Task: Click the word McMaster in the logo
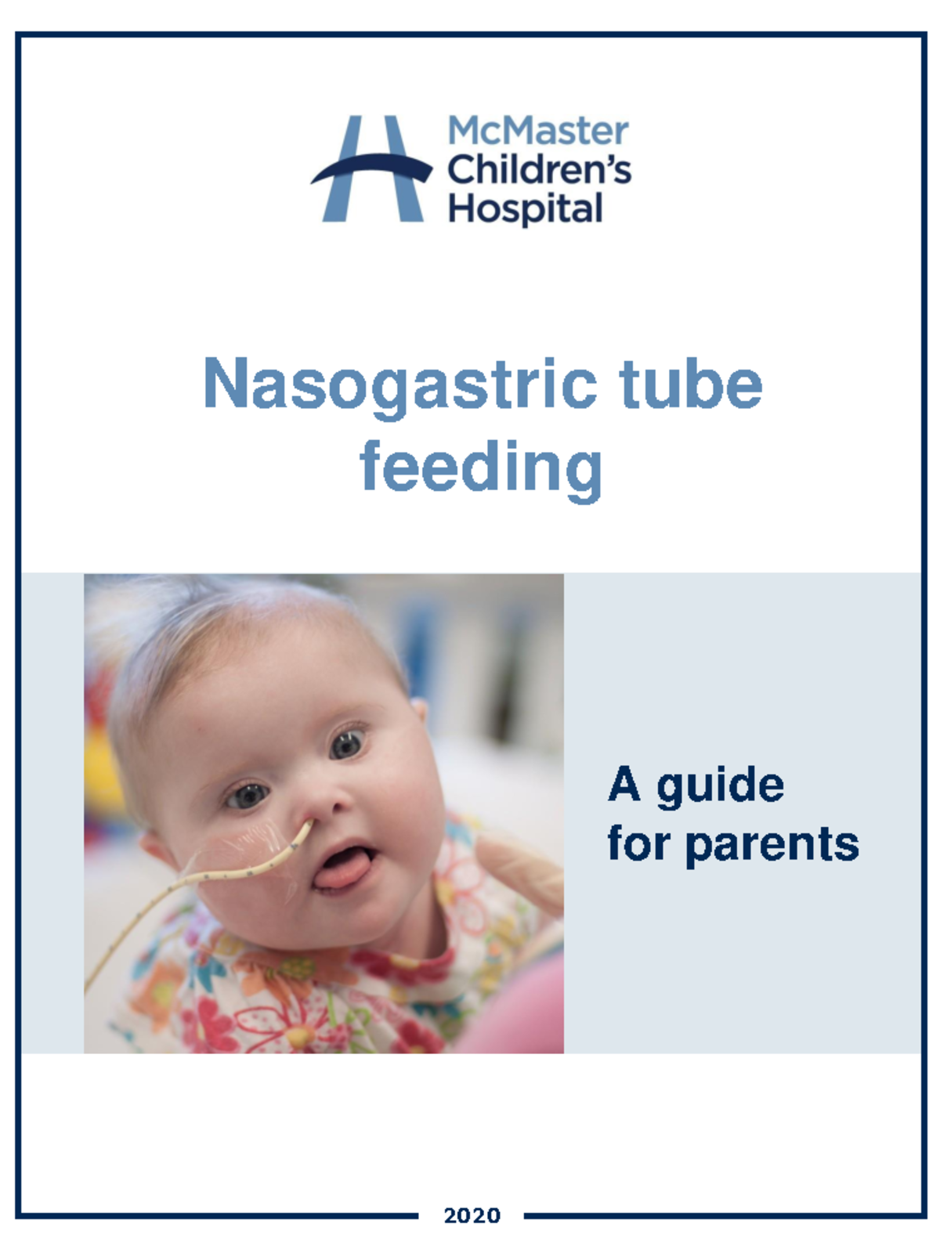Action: (x=537, y=131)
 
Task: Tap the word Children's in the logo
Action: (x=539, y=170)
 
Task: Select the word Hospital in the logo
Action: (x=525, y=209)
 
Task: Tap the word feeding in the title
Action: (x=481, y=468)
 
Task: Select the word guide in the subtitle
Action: (x=720, y=785)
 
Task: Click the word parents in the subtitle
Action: (x=772, y=845)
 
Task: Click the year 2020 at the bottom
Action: (x=472, y=1215)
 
